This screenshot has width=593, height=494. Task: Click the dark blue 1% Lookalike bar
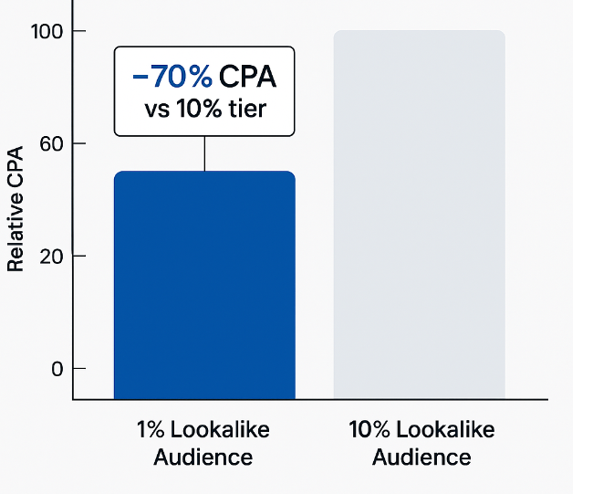pyautogui.click(x=204, y=285)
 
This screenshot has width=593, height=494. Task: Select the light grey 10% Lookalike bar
pyautogui.click(x=419, y=215)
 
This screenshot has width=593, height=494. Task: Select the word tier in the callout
pyautogui.click(x=248, y=110)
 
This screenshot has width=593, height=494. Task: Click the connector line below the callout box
pyautogui.click(x=204, y=153)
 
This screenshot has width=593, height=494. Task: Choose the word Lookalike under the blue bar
pyautogui.click(x=219, y=429)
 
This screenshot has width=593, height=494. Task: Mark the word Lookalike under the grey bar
pyautogui.click(x=443, y=429)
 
